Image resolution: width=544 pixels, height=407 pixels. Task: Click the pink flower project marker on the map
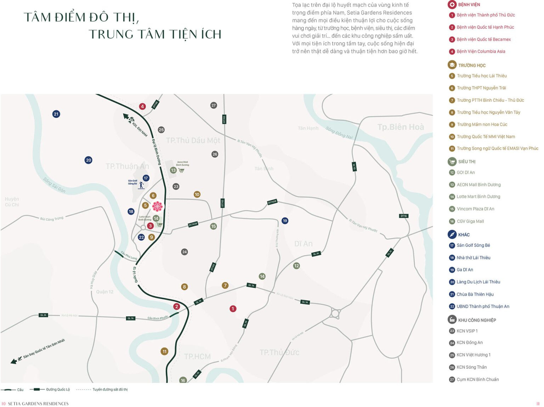tap(157, 206)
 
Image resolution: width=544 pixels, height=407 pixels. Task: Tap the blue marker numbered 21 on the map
tap(56, 114)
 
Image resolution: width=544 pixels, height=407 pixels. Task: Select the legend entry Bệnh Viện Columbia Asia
tap(481, 52)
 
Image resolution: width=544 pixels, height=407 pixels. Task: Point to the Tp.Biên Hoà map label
tap(400, 127)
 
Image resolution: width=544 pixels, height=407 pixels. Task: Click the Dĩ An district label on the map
tap(303, 244)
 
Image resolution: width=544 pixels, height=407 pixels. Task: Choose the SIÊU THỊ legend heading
tap(466, 162)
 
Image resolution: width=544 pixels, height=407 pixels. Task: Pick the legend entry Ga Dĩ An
tap(465, 270)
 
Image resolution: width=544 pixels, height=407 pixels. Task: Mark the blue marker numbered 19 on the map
tap(285, 221)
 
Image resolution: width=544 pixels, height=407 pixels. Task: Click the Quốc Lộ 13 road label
tap(135, 275)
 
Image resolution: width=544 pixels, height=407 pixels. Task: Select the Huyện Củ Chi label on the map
tap(12, 202)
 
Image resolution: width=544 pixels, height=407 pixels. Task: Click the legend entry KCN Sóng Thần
tap(471, 367)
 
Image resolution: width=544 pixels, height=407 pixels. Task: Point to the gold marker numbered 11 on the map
tap(164, 351)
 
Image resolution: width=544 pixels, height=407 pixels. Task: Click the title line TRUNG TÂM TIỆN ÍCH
tap(155, 34)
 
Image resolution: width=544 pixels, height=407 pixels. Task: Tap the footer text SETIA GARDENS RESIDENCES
tap(38, 404)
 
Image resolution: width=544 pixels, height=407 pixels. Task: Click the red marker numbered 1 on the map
tap(233, 309)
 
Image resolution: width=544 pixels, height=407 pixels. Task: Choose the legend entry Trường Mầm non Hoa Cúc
tap(482, 125)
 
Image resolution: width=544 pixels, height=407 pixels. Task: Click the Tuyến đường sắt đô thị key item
tap(110, 390)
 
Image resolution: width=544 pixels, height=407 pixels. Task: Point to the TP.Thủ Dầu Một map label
tap(193, 141)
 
